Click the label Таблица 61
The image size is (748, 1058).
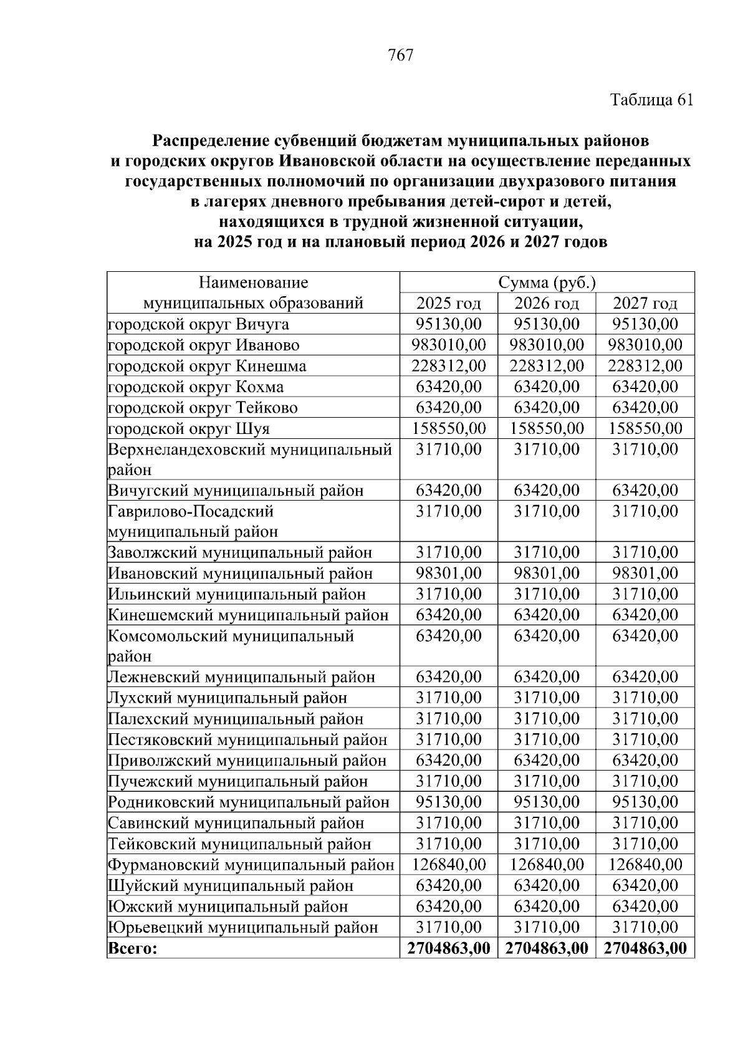(651, 100)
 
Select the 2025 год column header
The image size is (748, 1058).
(448, 304)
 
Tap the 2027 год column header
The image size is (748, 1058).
(645, 304)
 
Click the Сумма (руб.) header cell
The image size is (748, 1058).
(547, 283)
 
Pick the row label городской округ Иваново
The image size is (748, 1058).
(203, 345)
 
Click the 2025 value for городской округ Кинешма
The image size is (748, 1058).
(448, 366)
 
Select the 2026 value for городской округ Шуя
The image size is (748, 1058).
(547, 428)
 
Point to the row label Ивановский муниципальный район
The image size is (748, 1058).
(240, 573)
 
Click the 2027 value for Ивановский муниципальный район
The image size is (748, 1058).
(645, 573)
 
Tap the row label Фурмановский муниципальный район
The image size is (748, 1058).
(251, 865)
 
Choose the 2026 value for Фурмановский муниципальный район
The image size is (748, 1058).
(547, 865)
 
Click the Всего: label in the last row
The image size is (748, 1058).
(133, 948)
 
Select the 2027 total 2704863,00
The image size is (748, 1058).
(645, 948)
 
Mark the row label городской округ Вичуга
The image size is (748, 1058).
(198, 324)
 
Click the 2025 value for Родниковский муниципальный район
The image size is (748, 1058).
(448, 802)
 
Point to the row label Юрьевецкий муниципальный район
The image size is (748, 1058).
(243, 927)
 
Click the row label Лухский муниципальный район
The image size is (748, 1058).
(228, 698)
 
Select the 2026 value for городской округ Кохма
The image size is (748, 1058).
(547, 387)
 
